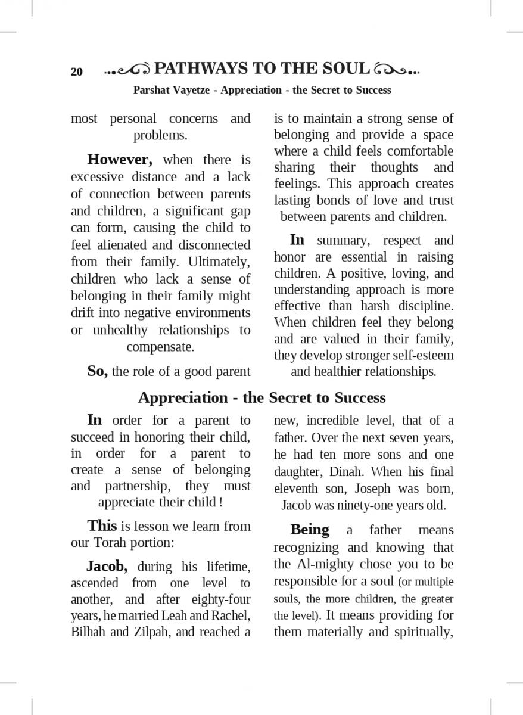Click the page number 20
point(77,72)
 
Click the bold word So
point(97,371)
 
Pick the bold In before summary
point(297,240)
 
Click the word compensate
point(160,347)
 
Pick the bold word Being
point(310,530)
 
